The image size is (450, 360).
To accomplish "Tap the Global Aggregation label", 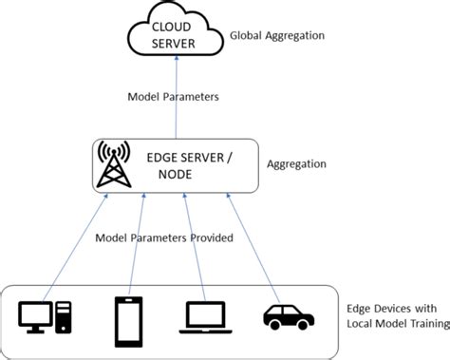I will coord(277,35).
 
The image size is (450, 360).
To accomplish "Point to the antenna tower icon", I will coord(114,165).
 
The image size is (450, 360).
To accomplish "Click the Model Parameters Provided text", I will coord(164,237).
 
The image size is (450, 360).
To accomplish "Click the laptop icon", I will coord(200,315).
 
